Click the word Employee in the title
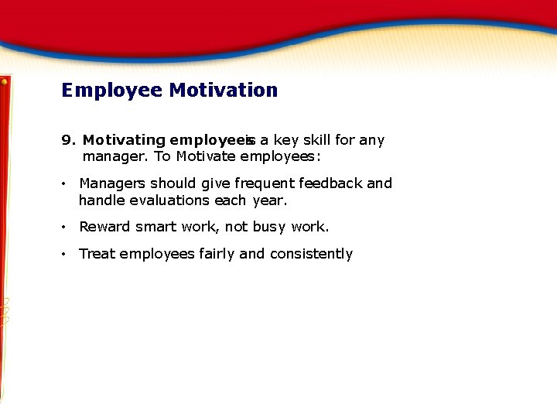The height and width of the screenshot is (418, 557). coord(112,91)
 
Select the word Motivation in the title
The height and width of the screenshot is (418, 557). coord(223,91)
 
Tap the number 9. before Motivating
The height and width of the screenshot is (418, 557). coord(69,140)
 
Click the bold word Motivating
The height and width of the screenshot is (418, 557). coord(124,140)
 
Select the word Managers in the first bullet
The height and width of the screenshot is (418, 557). coord(112,183)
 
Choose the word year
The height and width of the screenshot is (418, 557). coord(269,200)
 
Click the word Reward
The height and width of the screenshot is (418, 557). coord(104,227)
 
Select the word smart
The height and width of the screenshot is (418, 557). coord(156,227)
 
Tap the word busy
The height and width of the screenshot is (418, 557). coord(268,227)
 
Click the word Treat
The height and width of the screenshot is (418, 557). coord(97,254)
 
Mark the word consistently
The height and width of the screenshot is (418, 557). coord(311,254)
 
